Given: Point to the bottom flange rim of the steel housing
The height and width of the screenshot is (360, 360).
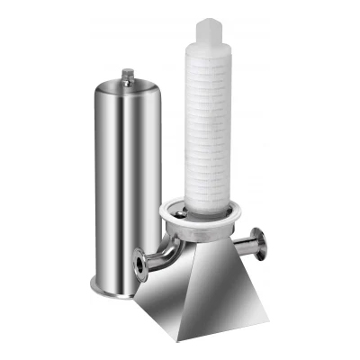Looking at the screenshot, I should pos(112,290).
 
